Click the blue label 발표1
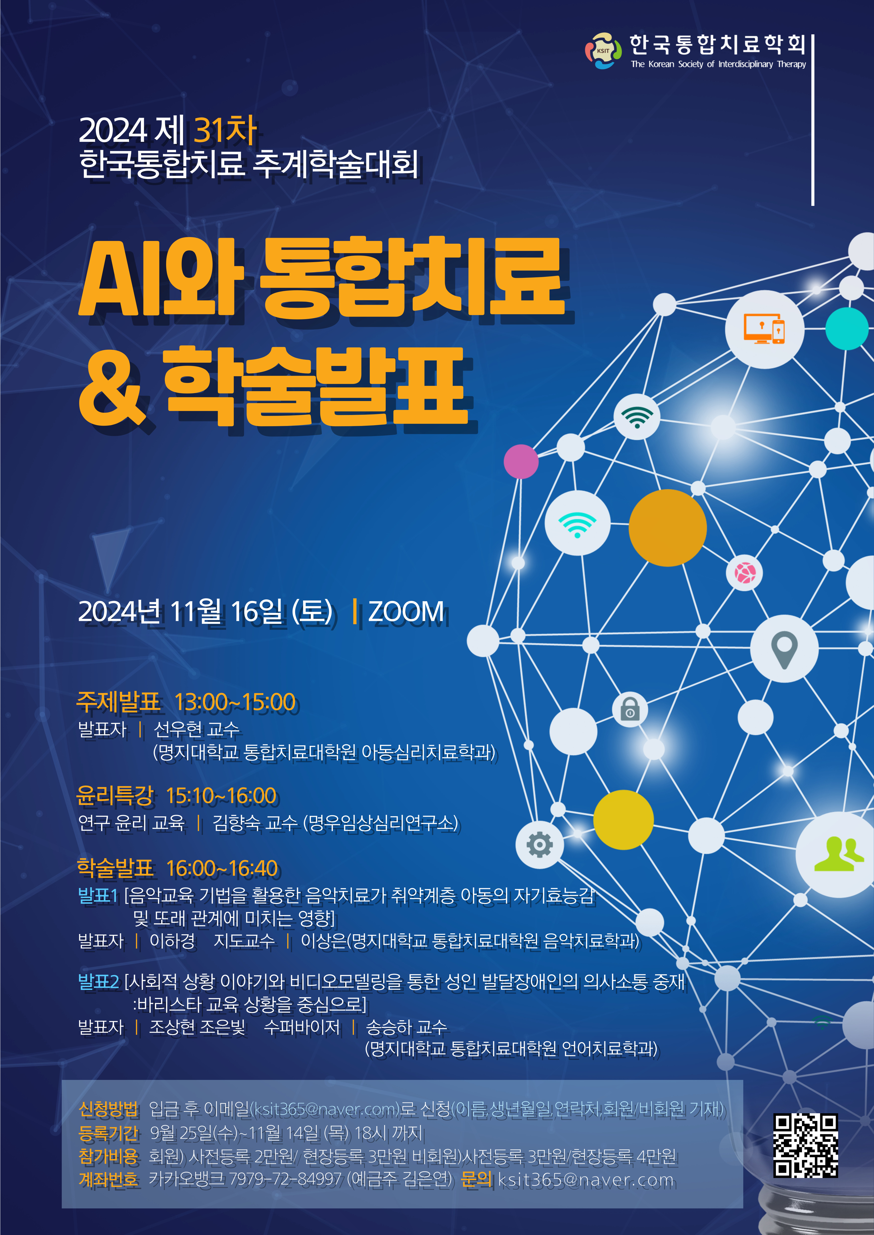[x=98, y=895]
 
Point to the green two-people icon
[x=835, y=854]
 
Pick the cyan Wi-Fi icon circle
[x=577, y=523]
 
